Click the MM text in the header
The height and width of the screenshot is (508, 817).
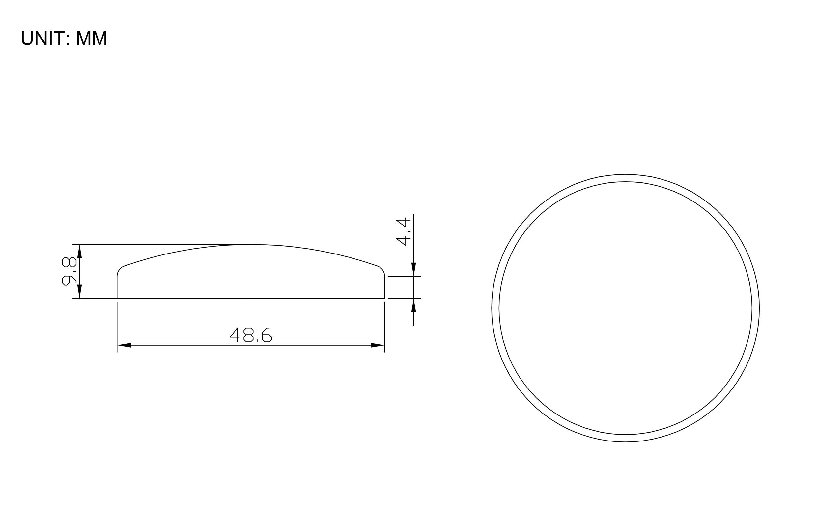coord(91,38)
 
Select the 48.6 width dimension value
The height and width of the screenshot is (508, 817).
coord(250,334)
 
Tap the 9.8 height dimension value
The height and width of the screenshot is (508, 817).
coord(69,271)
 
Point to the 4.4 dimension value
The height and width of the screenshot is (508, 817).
coord(403,231)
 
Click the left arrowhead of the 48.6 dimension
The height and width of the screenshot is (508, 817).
coord(124,345)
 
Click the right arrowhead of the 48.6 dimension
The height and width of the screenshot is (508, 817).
coord(378,345)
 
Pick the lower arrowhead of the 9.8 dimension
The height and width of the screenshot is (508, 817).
coord(80,291)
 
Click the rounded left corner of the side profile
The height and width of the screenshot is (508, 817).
coord(120,269)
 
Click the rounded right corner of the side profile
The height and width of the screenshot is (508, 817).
coord(381,269)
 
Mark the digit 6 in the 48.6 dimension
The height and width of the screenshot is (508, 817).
coord(267,335)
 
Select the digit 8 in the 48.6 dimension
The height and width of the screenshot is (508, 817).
coord(248,335)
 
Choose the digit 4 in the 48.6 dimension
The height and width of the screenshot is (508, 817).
coord(235,335)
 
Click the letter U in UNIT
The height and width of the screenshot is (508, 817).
coord(27,38)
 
